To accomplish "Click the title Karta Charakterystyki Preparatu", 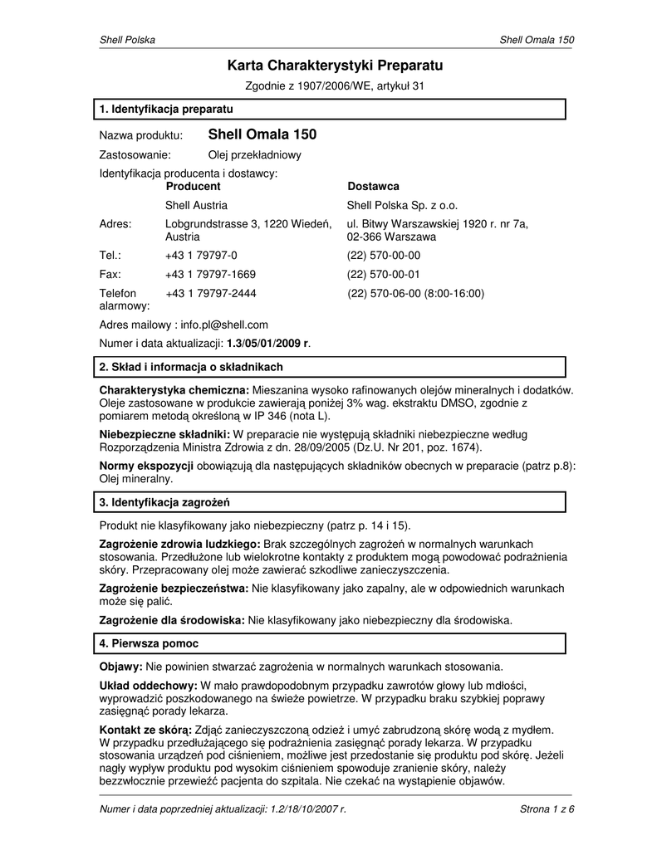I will click(x=336, y=65).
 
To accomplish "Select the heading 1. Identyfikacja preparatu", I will click(x=165, y=109).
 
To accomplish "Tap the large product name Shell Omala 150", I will click(x=262, y=134).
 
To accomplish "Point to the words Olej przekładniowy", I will click(x=254, y=154).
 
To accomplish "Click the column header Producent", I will click(x=193, y=187).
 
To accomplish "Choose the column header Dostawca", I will click(x=373, y=187).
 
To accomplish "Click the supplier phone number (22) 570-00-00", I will click(x=384, y=256).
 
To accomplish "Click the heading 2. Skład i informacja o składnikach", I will click(x=191, y=366).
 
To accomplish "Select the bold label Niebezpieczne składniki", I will click(x=164, y=434).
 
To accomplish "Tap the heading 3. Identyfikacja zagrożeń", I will click(x=164, y=502).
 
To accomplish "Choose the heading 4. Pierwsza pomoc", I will click(x=149, y=643).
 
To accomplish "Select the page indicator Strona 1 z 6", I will click(x=547, y=809).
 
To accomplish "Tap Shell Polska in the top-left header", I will click(x=127, y=40).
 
